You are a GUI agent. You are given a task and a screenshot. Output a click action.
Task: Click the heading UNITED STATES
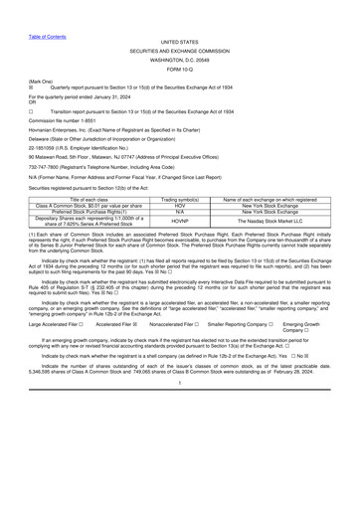click(180, 15)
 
